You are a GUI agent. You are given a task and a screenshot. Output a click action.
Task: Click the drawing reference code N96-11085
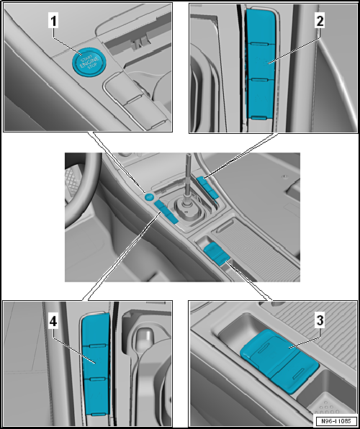point(334,421)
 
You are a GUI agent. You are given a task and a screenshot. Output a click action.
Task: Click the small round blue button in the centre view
point(150,197)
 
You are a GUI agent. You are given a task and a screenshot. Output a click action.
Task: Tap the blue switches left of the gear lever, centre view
point(166,213)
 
